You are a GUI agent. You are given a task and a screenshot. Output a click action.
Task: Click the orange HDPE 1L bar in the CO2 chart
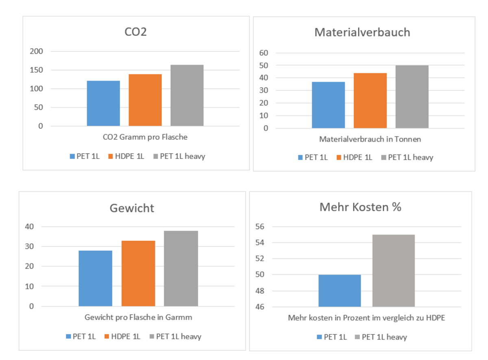[x=145, y=100]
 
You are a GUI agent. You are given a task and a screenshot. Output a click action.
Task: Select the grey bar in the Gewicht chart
[x=181, y=269]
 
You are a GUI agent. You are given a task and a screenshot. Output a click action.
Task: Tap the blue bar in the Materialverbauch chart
[x=328, y=105]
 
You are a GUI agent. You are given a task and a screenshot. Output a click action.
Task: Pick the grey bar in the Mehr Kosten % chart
[x=393, y=271]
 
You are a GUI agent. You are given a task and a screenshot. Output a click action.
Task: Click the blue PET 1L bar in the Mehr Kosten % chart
[x=340, y=291]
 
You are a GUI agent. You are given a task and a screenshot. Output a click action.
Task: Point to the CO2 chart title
[x=135, y=32]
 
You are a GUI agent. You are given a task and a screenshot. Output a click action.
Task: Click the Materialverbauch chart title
[x=362, y=33]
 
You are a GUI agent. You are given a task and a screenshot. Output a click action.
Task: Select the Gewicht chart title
[x=132, y=208]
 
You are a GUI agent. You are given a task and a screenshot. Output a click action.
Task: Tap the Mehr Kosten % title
[x=360, y=207]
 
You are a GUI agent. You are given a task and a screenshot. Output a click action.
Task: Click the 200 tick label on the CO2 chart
[x=36, y=51]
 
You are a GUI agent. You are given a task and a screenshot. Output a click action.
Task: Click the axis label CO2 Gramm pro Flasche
[x=145, y=137]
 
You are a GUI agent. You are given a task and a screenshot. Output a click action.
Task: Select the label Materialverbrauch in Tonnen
[x=370, y=139]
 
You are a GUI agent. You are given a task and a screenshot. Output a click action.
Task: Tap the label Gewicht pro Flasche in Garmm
[x=138, y=317]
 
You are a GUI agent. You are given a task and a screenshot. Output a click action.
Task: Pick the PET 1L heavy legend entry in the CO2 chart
[x=179, y=156]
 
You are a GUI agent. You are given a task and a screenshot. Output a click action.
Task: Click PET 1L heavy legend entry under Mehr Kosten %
[x=381, y=337]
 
